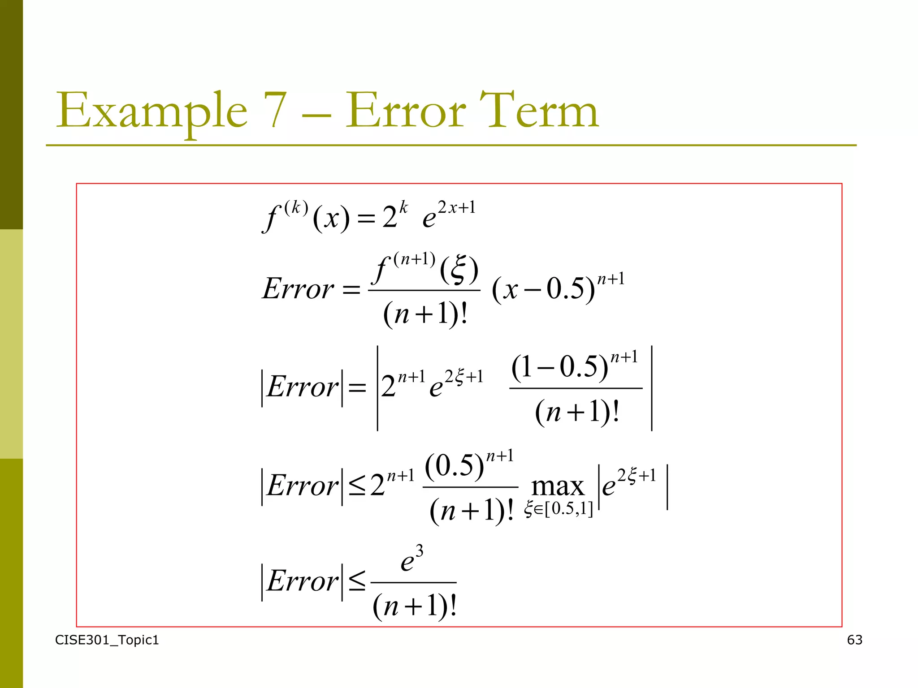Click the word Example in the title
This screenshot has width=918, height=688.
click(x=152, y=111)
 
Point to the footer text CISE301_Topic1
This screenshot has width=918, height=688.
click(x=107, y=640)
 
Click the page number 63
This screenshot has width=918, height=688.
click(x=854, y=640)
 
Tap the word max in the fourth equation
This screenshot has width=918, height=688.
click(x=558, y=486)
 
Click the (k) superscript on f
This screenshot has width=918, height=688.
click(x=296, y=207)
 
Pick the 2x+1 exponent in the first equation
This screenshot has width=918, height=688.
click(x=456, y=208)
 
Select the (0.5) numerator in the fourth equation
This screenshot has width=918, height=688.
click(x=455, y=466)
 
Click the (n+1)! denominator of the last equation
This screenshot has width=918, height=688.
click(x=414, y=606)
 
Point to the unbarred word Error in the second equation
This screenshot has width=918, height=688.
click(x=298, y=289)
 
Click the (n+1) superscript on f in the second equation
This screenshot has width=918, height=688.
click(x=414, y=259)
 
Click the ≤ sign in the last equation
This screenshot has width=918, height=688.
click(x=357, y=581)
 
